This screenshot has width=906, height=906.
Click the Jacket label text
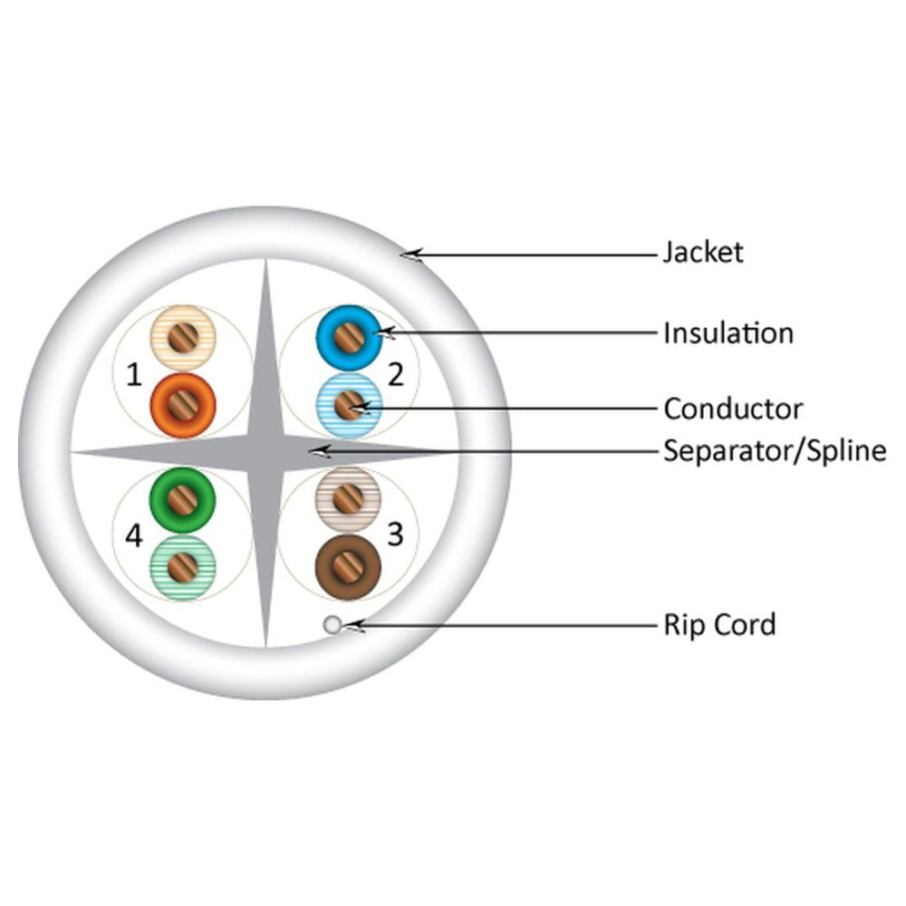tap(703, 253)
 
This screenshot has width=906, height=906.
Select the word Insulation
tap(728, 333)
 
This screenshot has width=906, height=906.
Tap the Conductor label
tap(733, 410)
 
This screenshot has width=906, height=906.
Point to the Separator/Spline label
tap(775, 451)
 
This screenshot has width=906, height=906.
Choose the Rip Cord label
tap(719, 624)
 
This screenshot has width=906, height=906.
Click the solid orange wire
tap(183, 405)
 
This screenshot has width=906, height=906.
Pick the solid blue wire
tap(349, 338)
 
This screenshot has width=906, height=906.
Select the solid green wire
tap(183, 500)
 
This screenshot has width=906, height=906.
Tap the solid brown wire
tap(348, 567)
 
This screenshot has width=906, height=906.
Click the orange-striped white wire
tap(183, 338)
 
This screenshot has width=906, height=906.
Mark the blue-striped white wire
tap(349, 405)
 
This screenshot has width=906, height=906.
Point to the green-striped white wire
tap(183, 567)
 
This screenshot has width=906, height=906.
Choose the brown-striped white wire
tap(348, 500)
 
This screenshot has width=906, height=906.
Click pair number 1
tap(134, 375)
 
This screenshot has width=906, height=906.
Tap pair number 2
tap(396, 375)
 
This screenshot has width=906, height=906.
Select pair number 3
tap(395, 535)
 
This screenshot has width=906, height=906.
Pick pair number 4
tap(133, 535)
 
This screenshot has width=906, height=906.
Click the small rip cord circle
tap(333, 624)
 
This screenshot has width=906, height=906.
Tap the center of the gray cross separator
tap(265, 452)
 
